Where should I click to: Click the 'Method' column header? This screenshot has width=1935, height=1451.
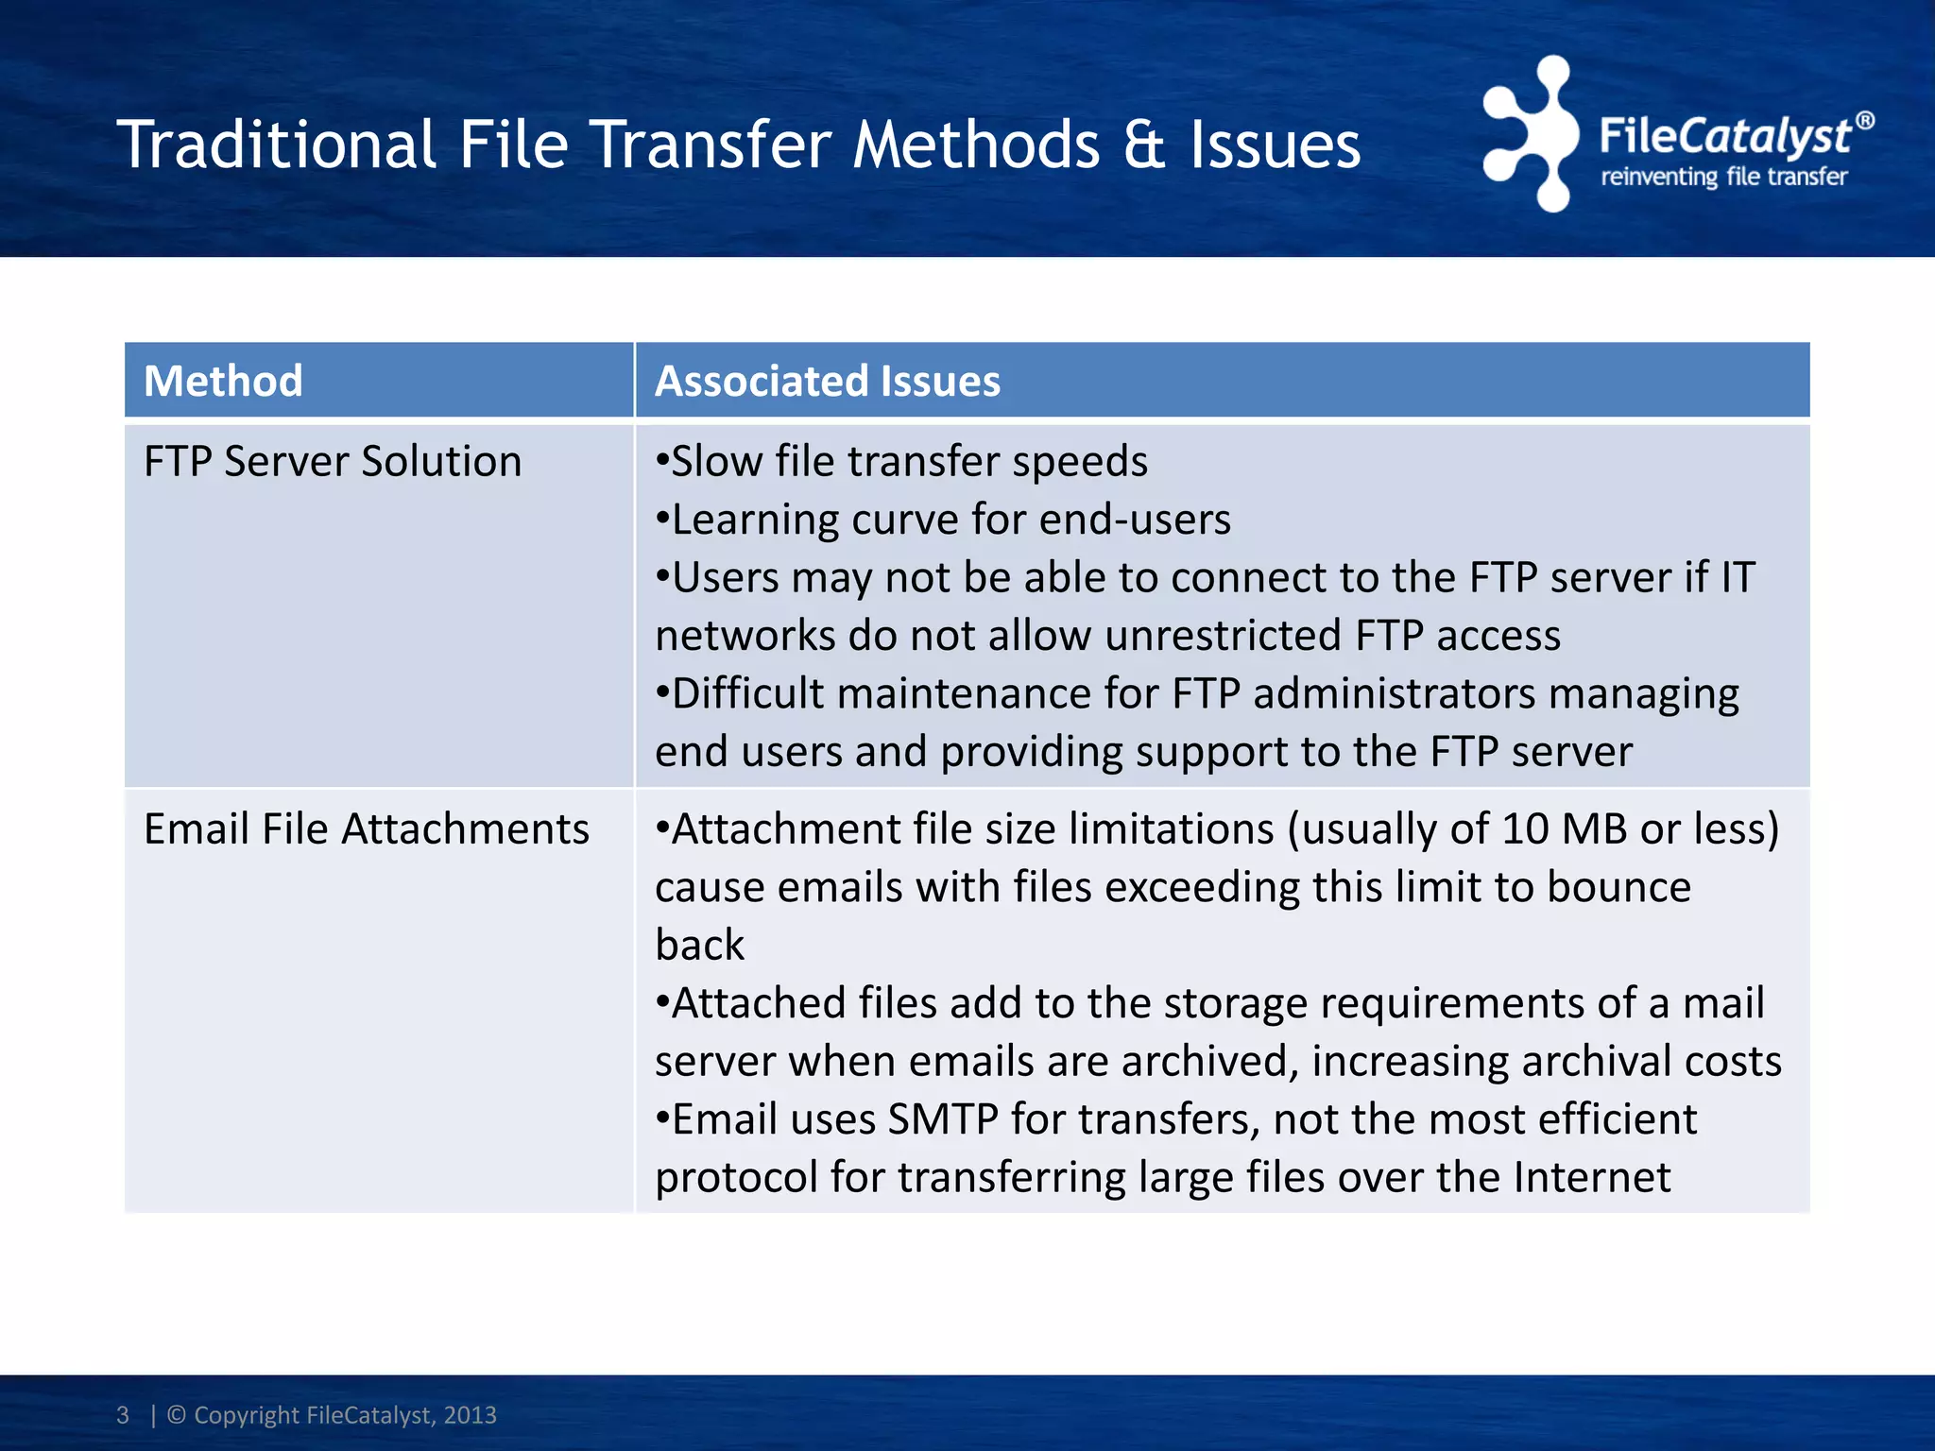point(223,382)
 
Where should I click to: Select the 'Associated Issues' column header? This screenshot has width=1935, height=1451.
point(828,382)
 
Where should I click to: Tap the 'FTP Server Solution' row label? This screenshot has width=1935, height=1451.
point(333,462)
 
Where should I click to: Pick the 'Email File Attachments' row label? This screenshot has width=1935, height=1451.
point(367,829)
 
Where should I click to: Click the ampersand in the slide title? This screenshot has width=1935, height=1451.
point(1144,145)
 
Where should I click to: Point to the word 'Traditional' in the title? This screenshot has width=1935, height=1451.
point(276,145)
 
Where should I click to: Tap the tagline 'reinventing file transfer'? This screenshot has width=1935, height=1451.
point(1723,178)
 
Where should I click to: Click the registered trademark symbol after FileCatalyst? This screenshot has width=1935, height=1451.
point(1864,121)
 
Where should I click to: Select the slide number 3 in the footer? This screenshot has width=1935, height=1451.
point(123,1415)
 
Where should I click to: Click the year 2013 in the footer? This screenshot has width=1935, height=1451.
point(471,1415)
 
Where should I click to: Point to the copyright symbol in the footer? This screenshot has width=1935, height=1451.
point(177,1415)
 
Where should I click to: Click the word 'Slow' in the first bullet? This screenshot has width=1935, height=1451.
point(716,462)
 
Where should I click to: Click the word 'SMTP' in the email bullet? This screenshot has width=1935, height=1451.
point(943,1119)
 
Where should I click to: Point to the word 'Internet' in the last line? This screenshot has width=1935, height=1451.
point(1592,1178)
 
